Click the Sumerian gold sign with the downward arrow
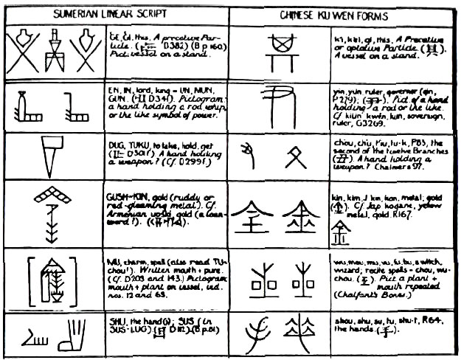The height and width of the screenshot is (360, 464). click(50, 211)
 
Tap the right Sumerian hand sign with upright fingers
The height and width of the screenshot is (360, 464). click(72, 337)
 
